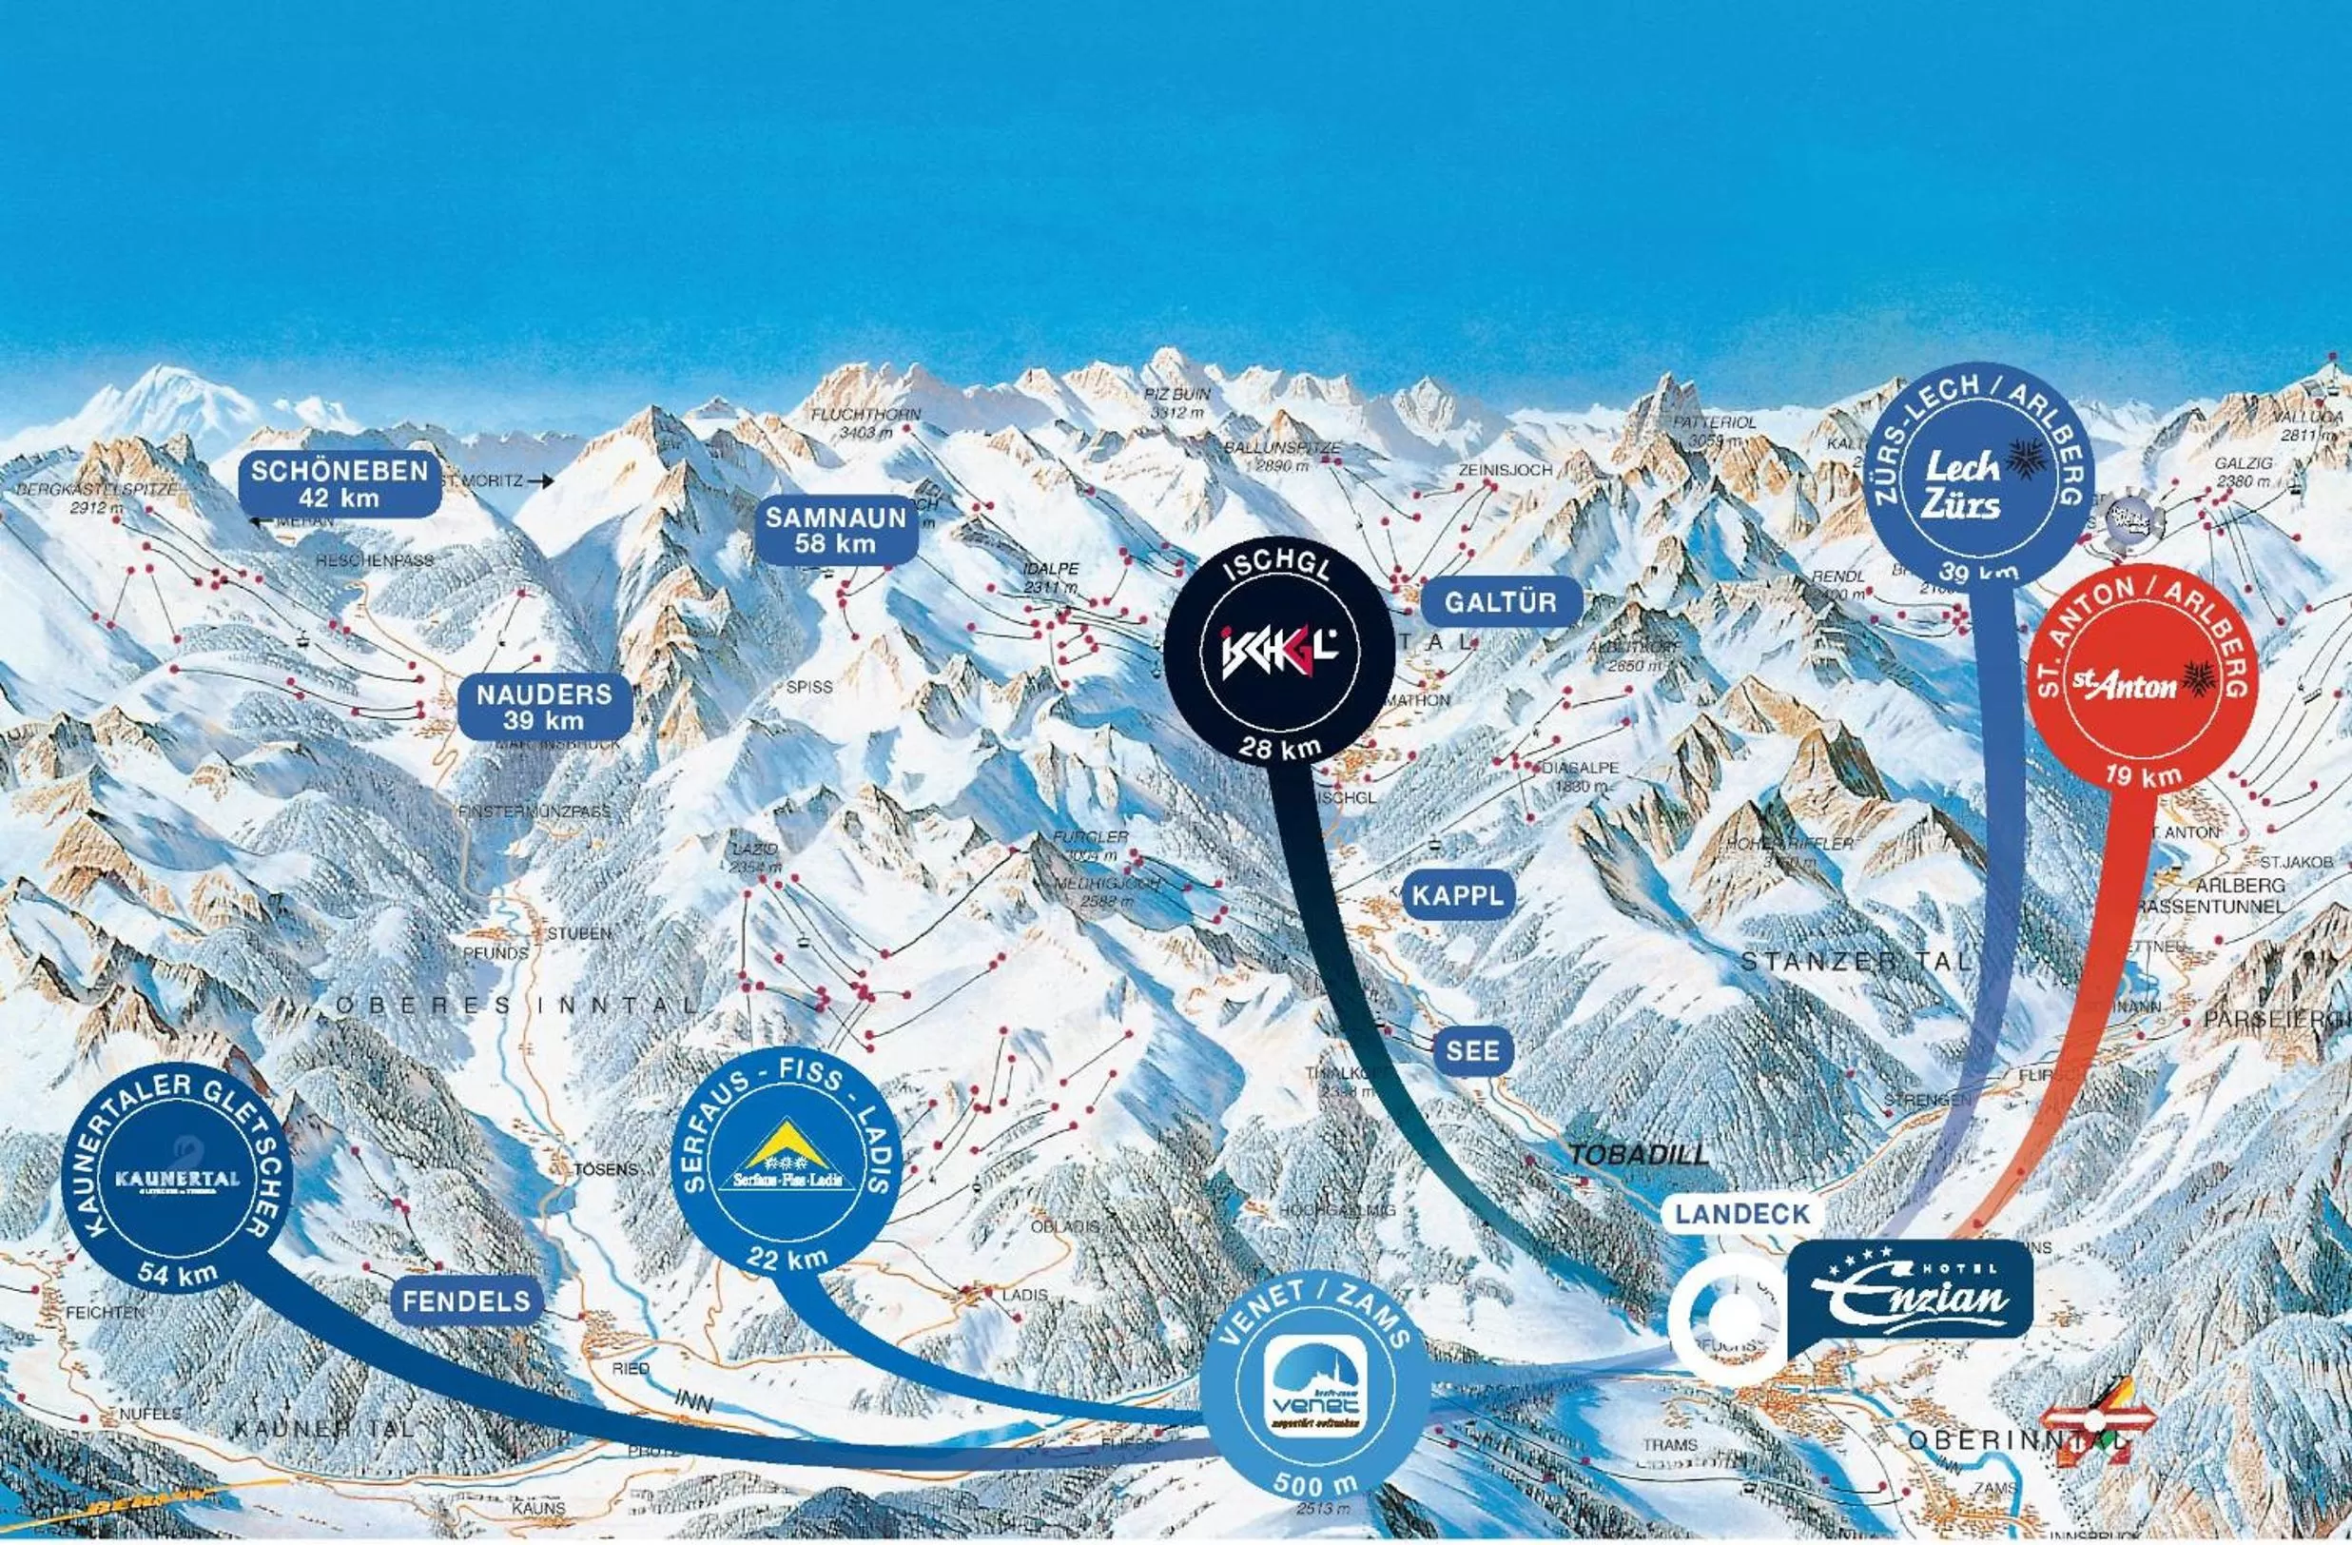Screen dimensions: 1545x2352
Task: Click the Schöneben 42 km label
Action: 339,483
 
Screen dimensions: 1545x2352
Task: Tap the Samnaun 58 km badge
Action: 836,530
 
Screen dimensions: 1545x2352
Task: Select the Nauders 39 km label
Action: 545,707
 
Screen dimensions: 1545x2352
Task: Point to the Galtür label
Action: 1500,602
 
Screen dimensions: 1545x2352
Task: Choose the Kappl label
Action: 1458,895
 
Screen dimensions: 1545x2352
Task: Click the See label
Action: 1472,1050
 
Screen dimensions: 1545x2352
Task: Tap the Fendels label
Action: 466,1301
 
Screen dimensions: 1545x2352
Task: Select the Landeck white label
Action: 1742,1214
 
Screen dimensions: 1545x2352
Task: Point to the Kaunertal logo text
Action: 177,1180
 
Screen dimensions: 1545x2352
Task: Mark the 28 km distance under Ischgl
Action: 1280,748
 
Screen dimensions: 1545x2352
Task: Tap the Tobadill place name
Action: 1638,1155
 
